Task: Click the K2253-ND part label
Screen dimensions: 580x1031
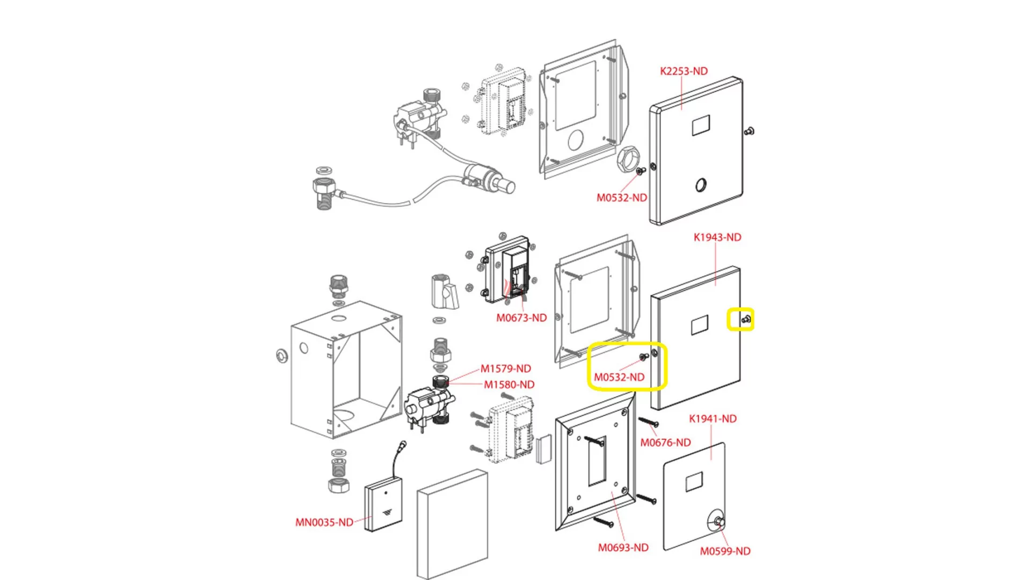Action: click(684, 71)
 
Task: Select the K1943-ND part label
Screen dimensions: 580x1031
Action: click(717, 237)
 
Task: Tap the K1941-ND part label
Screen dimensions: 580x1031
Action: click(713, 418)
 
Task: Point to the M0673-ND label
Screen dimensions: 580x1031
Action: click(521, 318)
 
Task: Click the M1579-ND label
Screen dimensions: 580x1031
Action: click(505, 368)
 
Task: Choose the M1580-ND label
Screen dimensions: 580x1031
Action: click(509, 385)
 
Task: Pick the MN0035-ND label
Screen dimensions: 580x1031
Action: click(324, 522)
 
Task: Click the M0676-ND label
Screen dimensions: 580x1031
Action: click(665, 443)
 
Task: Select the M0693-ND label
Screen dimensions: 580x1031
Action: click(623, 547)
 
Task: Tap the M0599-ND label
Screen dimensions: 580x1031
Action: click(725, 551)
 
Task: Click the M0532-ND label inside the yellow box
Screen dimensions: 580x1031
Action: click(619, 377)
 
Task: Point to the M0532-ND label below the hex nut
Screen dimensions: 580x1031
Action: click(621, 198)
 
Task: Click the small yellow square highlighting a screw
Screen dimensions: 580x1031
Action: click(740, 319)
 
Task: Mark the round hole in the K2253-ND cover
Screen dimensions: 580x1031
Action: click(701, 185)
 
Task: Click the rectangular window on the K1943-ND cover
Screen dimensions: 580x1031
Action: click(699, 325)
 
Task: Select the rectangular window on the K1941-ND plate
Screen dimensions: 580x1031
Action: click(694, 482)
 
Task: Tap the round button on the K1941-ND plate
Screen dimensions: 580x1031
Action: click(718, 521)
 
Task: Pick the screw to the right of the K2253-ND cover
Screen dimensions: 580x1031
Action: click(750, 131)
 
